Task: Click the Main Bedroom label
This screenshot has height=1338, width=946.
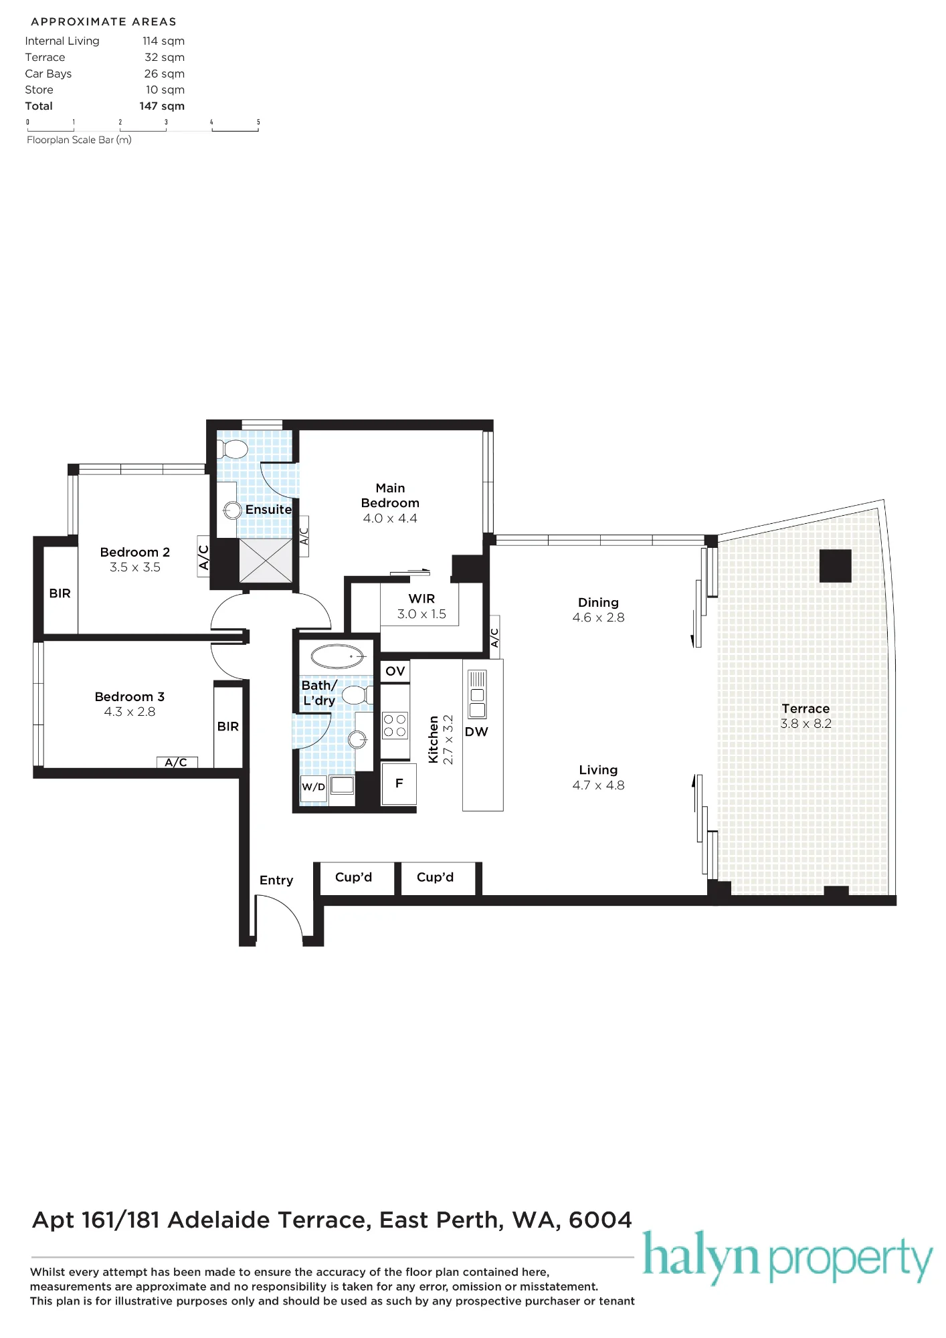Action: click(x=390, y=496)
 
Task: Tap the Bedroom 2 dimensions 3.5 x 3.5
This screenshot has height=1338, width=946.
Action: click(x=135, y=567)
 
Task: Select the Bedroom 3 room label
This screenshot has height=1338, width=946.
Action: click(x=130, y=697)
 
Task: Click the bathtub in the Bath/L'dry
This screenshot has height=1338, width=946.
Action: click(x=339, y=657)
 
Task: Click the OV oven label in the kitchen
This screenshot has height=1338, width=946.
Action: click(x=395, y=671)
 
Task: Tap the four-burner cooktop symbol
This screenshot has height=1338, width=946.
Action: click(x=395, y=726)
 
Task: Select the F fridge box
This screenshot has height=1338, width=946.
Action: click(x=399, y=783)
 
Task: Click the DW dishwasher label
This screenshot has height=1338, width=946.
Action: click(x=476, y=732)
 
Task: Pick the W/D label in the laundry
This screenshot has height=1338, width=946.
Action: click(x=313, y=787)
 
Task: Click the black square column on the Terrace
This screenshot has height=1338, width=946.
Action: click(x=836, y=566)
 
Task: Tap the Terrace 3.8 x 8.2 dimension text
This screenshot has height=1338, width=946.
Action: click(x=806, y=724)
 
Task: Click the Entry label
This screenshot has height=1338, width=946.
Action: click(x=276, y=880)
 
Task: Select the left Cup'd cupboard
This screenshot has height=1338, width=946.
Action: click(x=354, y=878)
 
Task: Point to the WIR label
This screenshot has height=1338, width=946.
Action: click(x=421, y=599)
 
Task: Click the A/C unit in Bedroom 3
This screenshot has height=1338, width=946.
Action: click(x=177, y=763)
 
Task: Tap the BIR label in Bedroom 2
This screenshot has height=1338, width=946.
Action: click(x=60, y=593)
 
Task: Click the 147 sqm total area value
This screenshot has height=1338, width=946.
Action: click(x=162, y=106)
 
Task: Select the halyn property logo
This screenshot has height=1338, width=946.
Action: click(x=787, y=1257)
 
